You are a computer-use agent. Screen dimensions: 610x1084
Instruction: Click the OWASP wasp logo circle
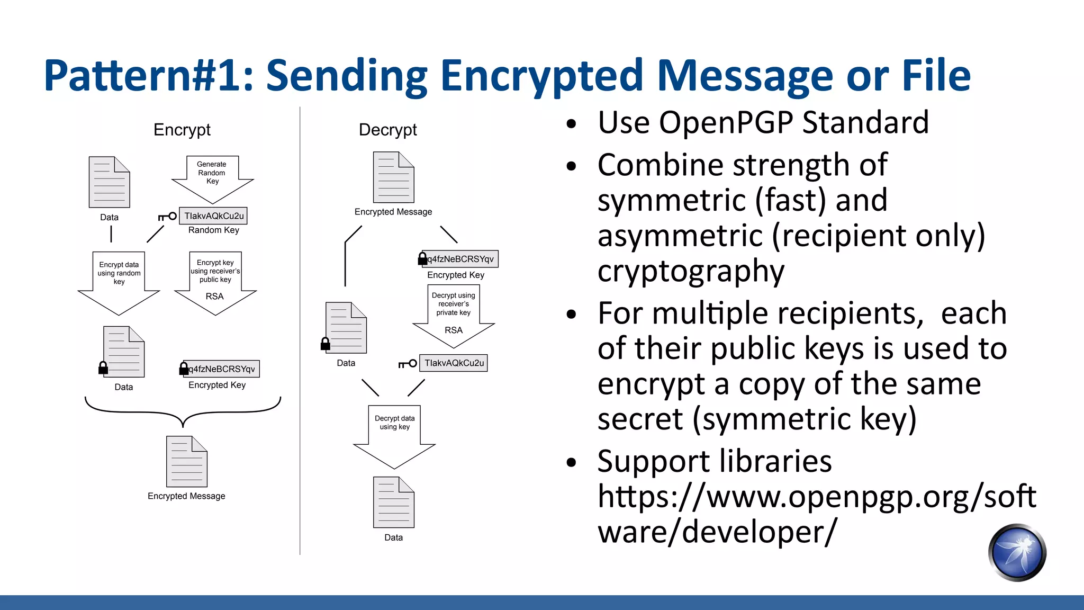tap(1017, 552)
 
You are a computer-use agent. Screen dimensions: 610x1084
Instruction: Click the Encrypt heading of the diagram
tap(182, 130)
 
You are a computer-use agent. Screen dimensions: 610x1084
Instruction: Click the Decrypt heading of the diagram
tap(387, 130)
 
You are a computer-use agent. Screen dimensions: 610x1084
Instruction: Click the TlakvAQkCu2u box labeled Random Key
tap(213, 216)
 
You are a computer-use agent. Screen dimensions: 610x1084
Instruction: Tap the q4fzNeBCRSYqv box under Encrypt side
tap(221, 369)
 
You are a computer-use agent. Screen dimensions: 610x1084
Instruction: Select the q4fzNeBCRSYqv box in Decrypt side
tap(460, 259)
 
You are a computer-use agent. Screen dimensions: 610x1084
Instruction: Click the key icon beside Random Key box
tap(167, 217)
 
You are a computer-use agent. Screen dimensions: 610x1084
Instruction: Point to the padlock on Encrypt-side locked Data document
tap(103, 367)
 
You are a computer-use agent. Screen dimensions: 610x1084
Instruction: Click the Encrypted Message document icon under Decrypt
tap(393, 177)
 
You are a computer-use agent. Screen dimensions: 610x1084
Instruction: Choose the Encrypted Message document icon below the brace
tap(186, 461)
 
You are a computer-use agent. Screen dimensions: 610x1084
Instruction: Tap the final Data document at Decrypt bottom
tap(393, 502)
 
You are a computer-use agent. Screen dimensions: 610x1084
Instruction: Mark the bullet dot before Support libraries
tap(571, 462)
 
